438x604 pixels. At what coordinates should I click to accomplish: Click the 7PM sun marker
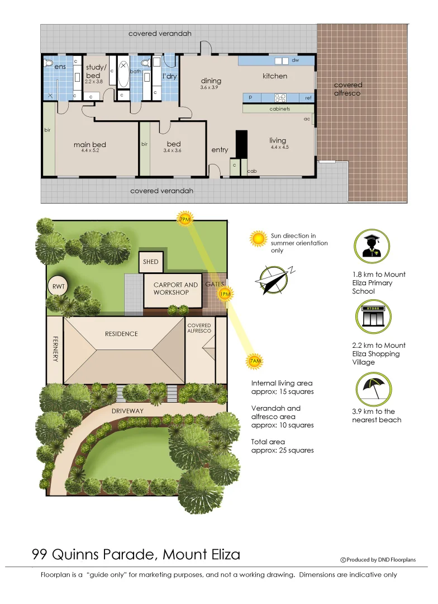coord(185,220)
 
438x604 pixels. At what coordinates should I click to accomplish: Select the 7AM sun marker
coord(255,362)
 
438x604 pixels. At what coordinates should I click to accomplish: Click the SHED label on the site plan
coord(150,262)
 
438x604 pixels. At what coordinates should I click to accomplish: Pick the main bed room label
coord(89,145)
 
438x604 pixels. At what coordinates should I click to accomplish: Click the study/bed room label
coord(93,71)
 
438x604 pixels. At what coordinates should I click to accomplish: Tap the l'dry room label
coord(169,76)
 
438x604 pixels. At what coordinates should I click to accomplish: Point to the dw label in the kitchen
coord(295,59)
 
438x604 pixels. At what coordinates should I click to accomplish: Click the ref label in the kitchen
coord(308,98)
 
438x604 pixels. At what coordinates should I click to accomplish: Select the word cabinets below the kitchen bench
coord(279,109)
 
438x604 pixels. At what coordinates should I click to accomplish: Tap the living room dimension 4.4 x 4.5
coord(278,147)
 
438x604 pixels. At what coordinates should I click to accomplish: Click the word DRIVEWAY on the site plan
coord(127,411)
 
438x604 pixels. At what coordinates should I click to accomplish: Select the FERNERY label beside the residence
coord(55,348)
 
